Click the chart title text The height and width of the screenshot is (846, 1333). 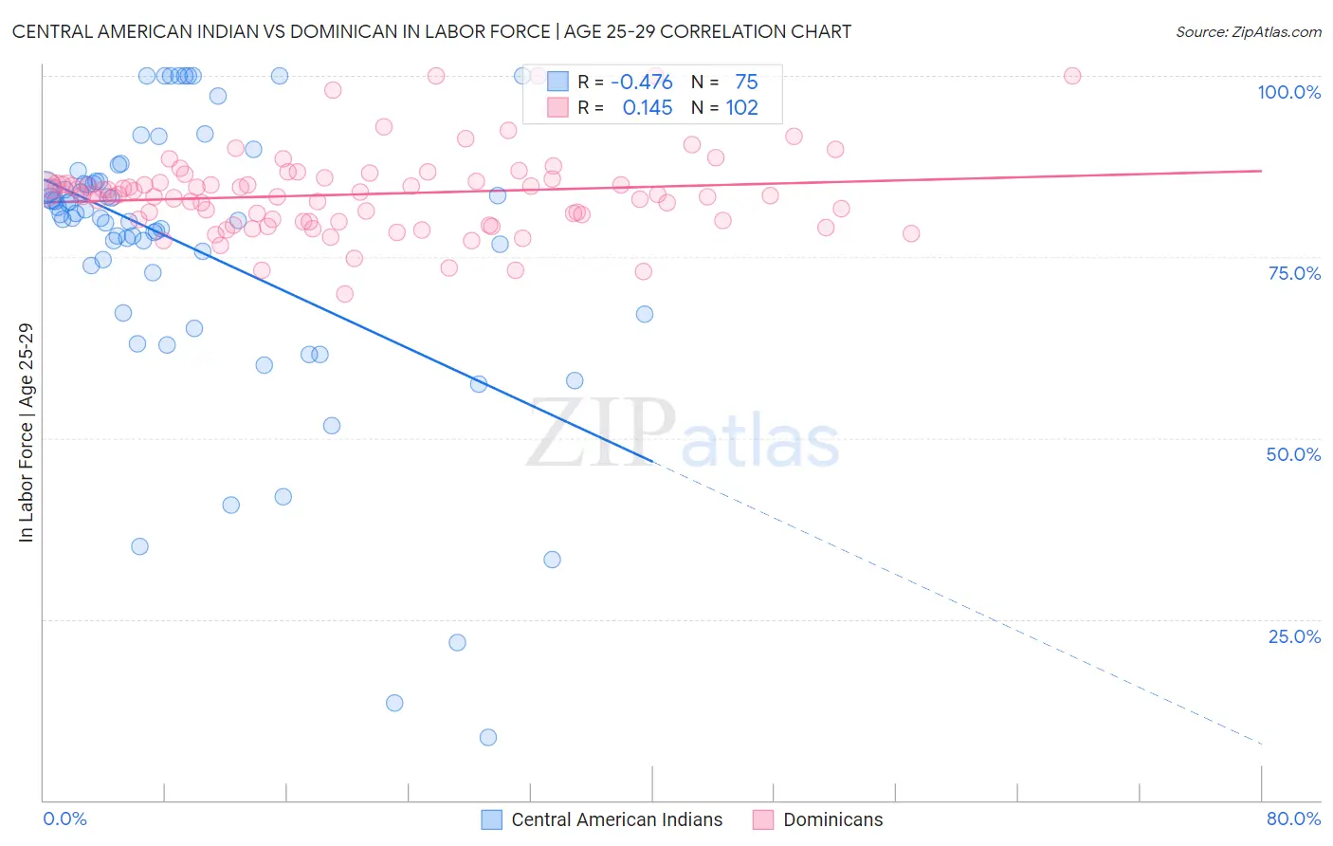tap(431, 31)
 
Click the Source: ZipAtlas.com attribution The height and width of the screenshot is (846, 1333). tap(1248, 31)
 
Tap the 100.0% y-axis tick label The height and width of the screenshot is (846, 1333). tap(1288, 92)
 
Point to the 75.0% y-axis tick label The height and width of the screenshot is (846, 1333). tap(1294, 273)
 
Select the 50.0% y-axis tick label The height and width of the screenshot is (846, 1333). tap(1293, 454)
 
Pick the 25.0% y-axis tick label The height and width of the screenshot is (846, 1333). tap(1294, 636)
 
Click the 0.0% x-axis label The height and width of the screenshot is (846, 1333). tap(64, 818)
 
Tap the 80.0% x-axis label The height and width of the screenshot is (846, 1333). tap(1293, 818)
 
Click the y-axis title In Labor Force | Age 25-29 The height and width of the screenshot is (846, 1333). tap(26, 432)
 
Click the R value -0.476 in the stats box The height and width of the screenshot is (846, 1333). tap(642, 83)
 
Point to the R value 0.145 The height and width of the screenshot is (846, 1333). tap(648, 108)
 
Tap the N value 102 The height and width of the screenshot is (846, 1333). tap(741, 108)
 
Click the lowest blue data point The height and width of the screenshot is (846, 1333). tap(488, 737)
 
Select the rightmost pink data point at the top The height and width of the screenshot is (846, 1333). tap(1072, 76)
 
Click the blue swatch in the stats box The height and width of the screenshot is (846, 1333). tap(557, 83)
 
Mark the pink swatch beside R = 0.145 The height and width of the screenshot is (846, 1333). tap(557, 108)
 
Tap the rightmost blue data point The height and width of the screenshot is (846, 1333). tap(645, 314)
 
